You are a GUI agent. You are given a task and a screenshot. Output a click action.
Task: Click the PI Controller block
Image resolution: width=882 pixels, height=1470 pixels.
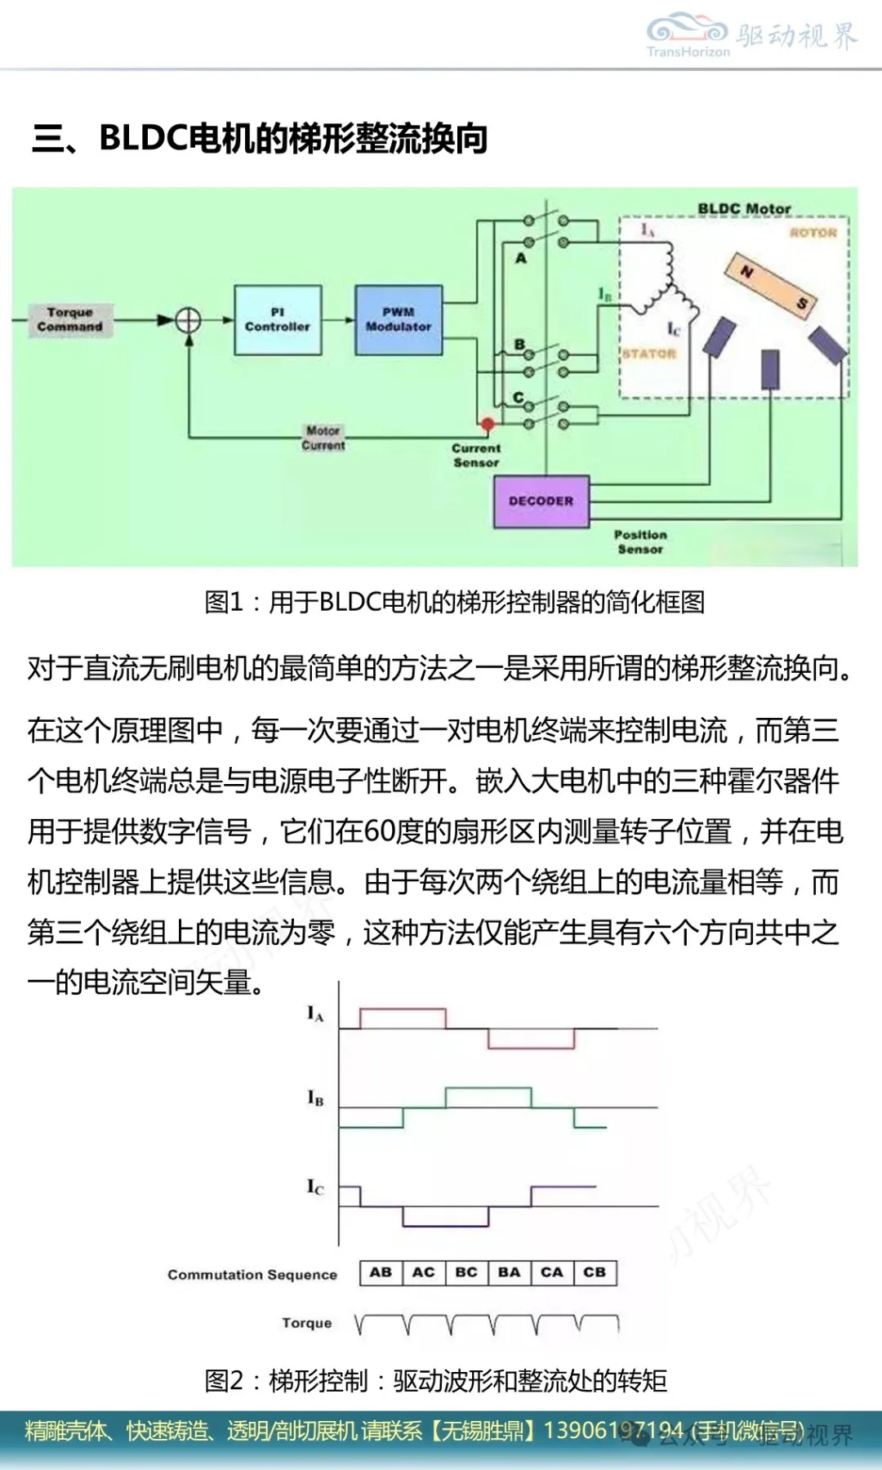coord(278,319)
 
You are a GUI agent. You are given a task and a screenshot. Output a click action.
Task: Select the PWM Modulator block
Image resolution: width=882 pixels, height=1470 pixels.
coord(399,319)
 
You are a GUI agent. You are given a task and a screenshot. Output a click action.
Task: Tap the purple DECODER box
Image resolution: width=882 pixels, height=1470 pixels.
coord(541,501)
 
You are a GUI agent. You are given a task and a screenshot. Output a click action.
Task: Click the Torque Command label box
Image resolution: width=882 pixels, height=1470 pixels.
coord(70,319)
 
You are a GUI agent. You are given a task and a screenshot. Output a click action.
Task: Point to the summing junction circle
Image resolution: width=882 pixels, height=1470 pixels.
coord(189,319)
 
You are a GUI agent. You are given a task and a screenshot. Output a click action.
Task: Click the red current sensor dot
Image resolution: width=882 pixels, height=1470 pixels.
coord(488,424)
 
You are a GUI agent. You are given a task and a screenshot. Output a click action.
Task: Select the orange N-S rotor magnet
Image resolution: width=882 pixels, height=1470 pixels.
coord(772,287)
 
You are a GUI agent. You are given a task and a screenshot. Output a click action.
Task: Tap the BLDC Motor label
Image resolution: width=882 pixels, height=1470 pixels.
coord(744,209)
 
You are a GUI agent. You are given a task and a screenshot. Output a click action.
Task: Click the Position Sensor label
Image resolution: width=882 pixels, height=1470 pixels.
coord(640,541)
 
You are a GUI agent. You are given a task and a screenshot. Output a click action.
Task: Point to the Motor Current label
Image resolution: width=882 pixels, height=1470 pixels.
coord(323,438)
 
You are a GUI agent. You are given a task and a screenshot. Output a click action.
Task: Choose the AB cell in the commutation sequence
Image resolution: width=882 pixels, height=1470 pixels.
coord(381,1272)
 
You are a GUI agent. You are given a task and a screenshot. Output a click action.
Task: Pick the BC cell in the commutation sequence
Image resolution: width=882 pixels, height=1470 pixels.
coord(466,1272)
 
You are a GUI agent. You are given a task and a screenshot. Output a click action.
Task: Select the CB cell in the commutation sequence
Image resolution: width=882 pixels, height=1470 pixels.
coord(595,1272)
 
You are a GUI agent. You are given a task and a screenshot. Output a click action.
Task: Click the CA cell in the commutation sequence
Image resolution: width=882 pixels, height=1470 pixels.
coord(552,1272)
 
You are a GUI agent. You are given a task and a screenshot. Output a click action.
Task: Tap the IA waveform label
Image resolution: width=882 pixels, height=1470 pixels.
coord(315,1014)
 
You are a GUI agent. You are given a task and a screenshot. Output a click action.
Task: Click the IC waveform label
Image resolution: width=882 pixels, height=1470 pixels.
coord(315,1187)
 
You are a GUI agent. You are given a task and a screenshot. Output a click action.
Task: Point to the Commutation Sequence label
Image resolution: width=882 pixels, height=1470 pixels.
coord(252,1275)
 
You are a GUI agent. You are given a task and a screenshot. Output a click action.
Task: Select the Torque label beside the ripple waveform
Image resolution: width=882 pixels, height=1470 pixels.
coord(307,1323)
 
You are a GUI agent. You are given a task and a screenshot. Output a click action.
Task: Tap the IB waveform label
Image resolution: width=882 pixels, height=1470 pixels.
coord(315,1098)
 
